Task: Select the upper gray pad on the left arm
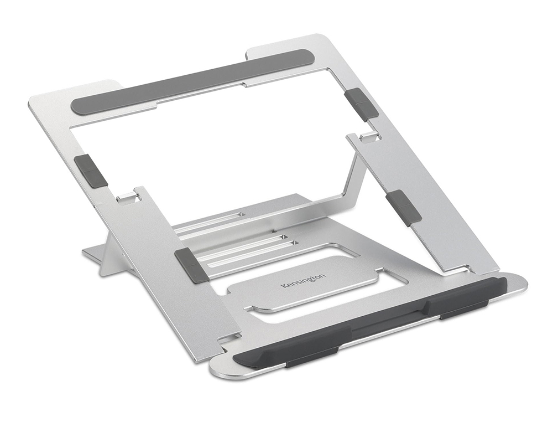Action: click(x=91, y=170)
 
